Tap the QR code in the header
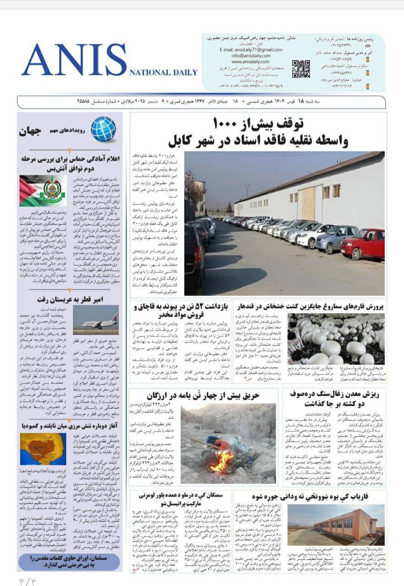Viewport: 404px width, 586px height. [x=301, y=68]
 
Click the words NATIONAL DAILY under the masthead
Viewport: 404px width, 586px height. [x=164, y=72]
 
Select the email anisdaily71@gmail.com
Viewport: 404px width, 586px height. [x=251, y=49]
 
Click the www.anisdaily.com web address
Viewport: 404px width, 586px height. [x=250, y=61]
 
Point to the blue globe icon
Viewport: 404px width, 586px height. [x=103, y=129]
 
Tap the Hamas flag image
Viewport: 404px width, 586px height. [x=43, y=190]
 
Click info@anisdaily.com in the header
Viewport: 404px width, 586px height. [x=251, y=55]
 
